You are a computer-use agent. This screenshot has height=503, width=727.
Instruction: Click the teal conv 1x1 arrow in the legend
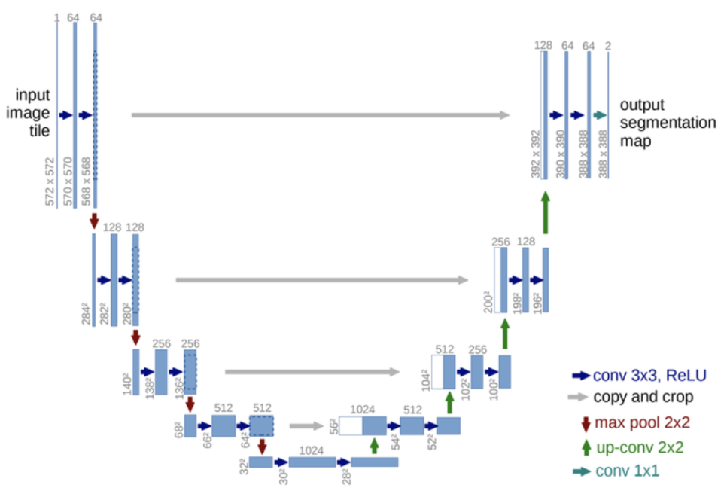click(x=580, y=472)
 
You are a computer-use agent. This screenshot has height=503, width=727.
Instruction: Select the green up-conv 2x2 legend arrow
click(x=581, y=447)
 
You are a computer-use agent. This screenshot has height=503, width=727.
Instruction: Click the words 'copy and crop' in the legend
click(x=643, y=397)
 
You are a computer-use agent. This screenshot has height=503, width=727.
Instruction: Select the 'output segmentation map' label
click(x=667, y=123)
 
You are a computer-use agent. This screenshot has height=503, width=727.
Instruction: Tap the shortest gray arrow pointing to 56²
click(x=306, y=425)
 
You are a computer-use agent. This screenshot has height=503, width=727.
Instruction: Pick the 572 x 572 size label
click(x=50, y=181)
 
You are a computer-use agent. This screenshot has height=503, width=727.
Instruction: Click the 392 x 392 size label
click(x=535, y=155)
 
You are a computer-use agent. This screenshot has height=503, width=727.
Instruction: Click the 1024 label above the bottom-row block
click(x=312, y=450)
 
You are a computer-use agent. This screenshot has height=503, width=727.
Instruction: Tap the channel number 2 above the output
click(x=607, y=47)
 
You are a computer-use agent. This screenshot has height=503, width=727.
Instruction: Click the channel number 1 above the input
click(x=56, y=17)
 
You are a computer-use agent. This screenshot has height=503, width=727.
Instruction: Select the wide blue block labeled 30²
click(x=312, y=462)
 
